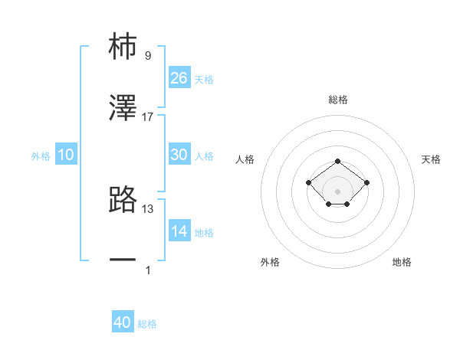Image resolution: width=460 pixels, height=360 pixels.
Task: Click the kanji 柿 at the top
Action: click(123, 47)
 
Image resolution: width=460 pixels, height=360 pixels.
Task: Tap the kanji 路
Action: click(123, 199)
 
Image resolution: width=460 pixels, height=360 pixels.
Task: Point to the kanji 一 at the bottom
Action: click(123, 260)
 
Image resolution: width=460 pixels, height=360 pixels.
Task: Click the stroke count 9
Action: click(148, 55)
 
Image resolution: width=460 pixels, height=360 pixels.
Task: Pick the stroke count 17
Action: click(148, 116)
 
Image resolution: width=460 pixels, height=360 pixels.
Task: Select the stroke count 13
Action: click(148, 208)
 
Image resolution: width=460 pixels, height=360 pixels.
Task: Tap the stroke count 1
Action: click(148, 270)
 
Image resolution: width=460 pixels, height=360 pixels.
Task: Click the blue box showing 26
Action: click(179, 77)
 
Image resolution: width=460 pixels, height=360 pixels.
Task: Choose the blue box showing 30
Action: click(179, 154)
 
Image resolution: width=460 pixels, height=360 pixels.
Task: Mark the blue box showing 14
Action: click(179, 231)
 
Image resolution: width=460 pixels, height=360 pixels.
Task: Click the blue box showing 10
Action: click(66, 155)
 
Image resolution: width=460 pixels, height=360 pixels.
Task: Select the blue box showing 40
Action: click(123, 322)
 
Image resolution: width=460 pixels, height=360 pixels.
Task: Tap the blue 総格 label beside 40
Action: click(147, 324)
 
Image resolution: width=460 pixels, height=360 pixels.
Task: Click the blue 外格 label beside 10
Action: click(41, 156)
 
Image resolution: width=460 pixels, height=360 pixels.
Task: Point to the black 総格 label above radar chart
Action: click(338, 100)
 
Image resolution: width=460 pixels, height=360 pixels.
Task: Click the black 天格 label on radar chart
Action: click(431, 159)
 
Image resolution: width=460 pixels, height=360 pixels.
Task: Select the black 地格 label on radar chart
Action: click(402, 262)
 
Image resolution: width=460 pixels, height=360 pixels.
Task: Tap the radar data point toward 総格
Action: click(338, 162)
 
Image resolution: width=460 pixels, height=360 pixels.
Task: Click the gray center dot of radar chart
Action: click(338, 191)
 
